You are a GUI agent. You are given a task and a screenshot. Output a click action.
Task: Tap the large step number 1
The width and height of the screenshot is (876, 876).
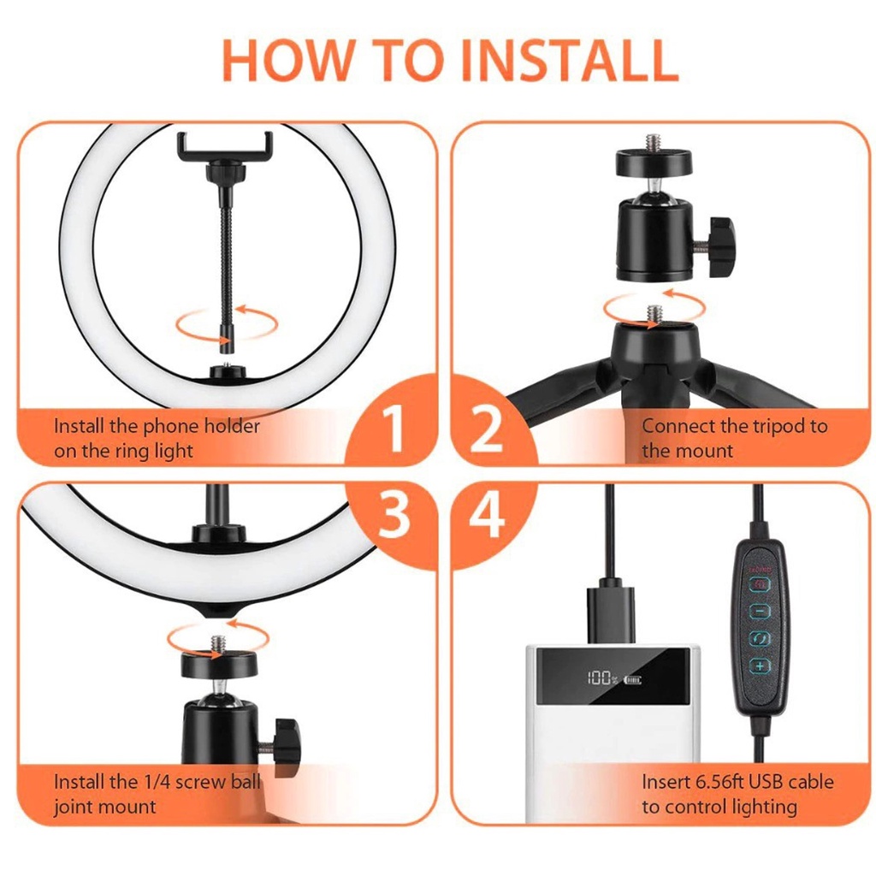click(395, 429)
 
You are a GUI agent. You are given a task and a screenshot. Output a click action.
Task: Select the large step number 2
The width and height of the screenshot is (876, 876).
click(487, 429)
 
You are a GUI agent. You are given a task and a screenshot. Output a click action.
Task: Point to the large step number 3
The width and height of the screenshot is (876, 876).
click(394, 514)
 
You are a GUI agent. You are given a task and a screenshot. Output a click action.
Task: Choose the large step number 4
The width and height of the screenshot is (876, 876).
click(487, 514)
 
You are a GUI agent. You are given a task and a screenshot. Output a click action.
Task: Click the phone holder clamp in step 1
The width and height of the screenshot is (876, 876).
click(225, 147)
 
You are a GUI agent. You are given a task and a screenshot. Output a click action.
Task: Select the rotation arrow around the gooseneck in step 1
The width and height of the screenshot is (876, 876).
click(227, 323)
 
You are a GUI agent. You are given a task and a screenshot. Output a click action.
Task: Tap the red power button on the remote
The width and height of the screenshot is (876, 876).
click(760, 584)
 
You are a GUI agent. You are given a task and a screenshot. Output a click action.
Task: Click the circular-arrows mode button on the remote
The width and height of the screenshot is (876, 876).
click(760, 638)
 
